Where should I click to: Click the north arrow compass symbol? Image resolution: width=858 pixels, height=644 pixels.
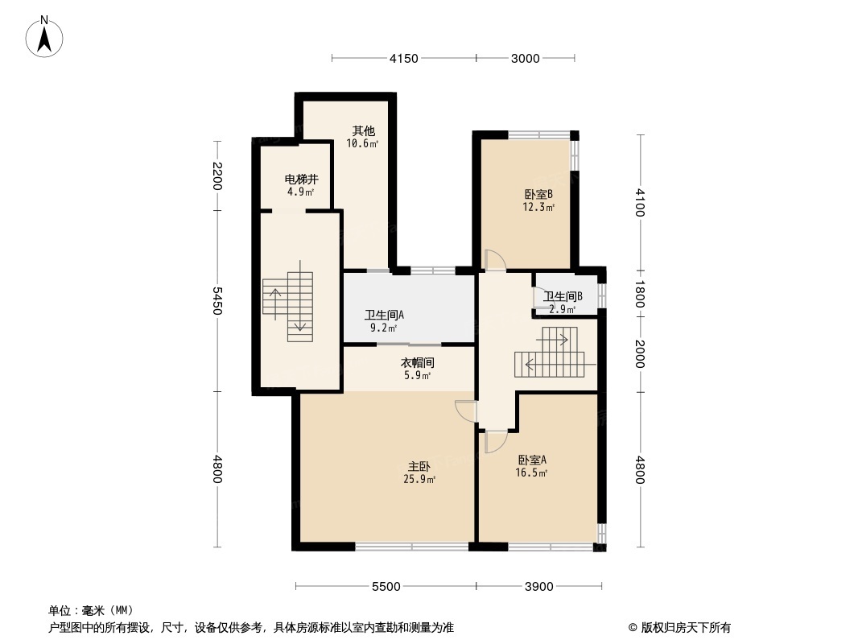click(x=44, y=37)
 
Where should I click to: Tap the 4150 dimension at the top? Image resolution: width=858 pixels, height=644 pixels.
click(x=404, y=59)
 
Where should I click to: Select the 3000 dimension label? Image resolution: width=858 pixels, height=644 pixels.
click(x=526, y=59)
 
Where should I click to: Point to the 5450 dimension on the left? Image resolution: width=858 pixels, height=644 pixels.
click(x=217, y=301)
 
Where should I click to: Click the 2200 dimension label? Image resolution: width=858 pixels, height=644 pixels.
click(x=217, y=175)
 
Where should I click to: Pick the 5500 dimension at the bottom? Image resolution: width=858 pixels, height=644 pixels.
click(x=386, y=587)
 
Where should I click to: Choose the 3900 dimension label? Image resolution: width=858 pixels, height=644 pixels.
click(x=539, y=587)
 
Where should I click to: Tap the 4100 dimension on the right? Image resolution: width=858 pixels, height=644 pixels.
click(x=640, y=202)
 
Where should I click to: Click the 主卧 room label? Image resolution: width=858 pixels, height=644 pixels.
click(x=419, y=467)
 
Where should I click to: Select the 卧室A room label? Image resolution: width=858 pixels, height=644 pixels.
click(x=532, y=460)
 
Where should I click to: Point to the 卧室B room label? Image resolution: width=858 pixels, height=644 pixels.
click(x=539, y=194)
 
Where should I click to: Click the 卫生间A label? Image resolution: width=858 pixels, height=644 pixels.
click(x=384, y=316)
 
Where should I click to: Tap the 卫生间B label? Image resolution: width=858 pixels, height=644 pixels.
click(x=563, y=296)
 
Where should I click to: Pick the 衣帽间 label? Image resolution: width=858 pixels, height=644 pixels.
click(x=418, y=363)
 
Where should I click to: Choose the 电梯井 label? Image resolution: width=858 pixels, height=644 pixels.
click(x=302, y=179)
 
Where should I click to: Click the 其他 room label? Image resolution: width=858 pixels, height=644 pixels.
click(x=363, y=130)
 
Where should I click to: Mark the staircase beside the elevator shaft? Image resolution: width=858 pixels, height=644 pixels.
click(x=288, y=307)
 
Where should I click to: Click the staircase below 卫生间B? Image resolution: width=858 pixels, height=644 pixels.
click(x=550, y=352)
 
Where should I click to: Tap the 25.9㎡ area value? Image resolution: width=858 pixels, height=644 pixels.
click(x=419, y=480)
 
